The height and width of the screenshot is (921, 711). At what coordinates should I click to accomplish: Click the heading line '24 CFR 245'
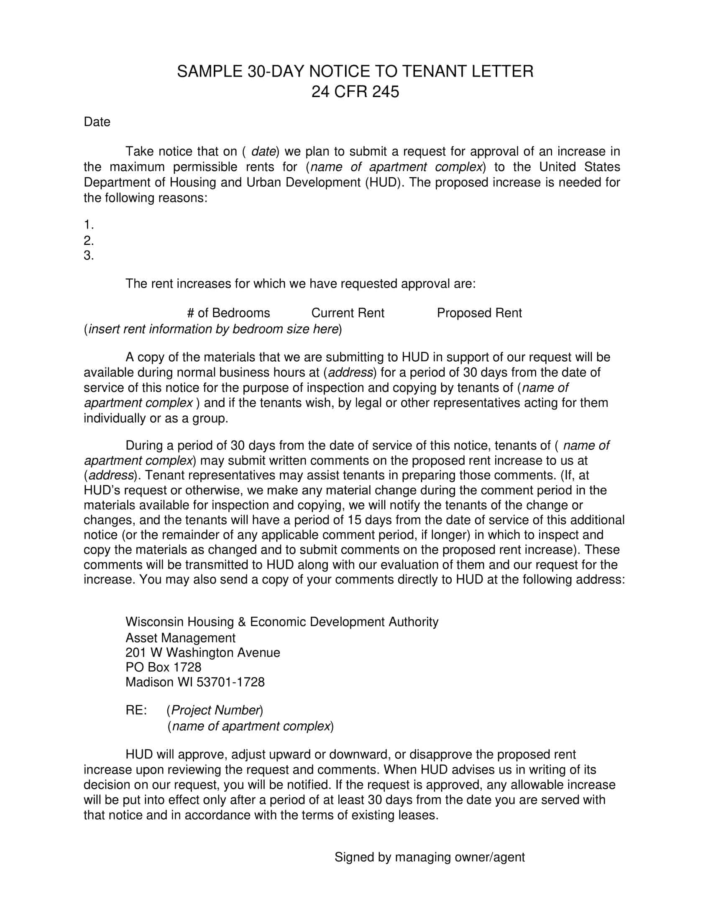click(x=355, y=92)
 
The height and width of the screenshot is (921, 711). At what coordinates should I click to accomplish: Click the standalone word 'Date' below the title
click(x=97, y=122)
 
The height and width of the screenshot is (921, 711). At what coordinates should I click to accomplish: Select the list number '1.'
click(x=88, y=224)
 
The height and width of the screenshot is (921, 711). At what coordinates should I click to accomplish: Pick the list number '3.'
click(x=88, y=255)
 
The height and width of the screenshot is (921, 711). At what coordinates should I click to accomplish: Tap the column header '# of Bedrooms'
click(x=228, y=313)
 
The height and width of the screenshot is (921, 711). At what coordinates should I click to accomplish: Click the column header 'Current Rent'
click(x=348, y=313)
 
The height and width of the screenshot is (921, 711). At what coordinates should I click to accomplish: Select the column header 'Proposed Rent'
click(x=479, y=313)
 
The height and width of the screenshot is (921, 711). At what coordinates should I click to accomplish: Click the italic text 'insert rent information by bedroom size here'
click(x=213, y=329)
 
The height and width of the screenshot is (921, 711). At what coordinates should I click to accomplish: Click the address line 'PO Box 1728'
click(x=164, y=667)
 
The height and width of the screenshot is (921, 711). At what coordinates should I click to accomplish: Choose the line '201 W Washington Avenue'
click(x=202, y=652)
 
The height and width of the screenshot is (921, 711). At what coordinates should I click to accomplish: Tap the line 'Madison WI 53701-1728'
click(x=195, y=682)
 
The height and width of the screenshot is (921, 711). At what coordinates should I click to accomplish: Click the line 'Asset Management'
click(x=180, y=638)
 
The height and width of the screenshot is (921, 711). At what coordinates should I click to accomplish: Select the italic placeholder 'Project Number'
click(x=215, y=710)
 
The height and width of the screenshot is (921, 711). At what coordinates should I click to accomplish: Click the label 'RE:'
click(x=136, y=710)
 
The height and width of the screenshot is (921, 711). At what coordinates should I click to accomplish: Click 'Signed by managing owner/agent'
click(x=429, y=857)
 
